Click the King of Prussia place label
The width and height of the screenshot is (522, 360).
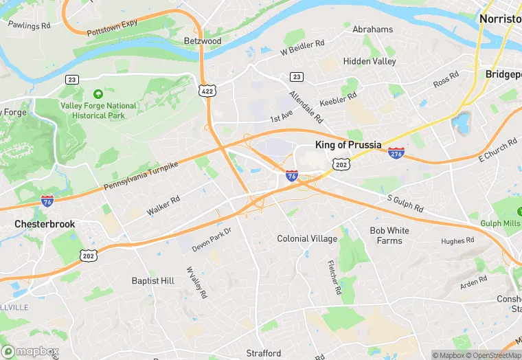(348, 145)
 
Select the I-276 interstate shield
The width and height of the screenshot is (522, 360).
(396, 153)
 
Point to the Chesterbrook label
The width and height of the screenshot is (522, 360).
(45, 224)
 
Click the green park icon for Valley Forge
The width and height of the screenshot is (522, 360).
(98, 93)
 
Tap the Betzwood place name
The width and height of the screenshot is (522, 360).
(203, 41)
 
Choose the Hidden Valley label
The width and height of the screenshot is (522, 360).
(370, 61)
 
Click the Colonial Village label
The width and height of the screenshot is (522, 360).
(307, 238)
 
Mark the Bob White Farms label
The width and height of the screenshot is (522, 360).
(389, 236)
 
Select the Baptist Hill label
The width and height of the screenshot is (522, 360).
(153, 280)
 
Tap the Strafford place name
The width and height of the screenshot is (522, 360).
(264, 353)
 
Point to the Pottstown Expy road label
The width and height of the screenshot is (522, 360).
(112, 28)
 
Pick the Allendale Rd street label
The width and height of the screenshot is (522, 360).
(306, 106)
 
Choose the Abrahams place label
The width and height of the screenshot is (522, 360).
(372, 30)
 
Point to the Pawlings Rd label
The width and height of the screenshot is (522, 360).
(29, 25)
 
